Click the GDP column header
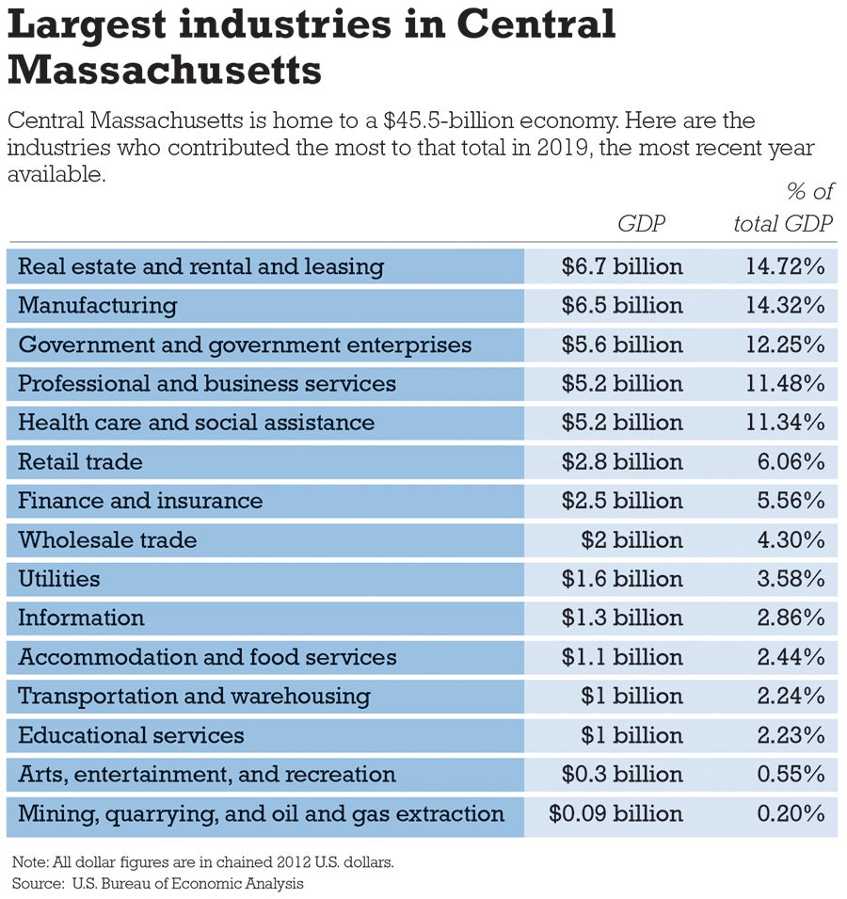click(x=642, y=224)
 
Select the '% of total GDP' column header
click(x=783, y=208)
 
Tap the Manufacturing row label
click(x=98, y=306)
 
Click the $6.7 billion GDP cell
click(x=622, y=266)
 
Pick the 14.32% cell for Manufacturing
click(x=785, y=306)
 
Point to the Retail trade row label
click(x=81, y=462)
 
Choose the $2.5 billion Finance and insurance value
click(x=622, y=501)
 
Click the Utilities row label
click(x=59, y=579)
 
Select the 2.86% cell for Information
click(x=791, y=618)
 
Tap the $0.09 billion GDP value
click(x=616, y=813)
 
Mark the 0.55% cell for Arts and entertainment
click(x=791, y=775)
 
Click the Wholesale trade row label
click(x=107, y=540)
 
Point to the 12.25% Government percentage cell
click(x=785, y=345)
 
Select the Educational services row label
click(x=131, y=735)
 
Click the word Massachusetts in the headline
click(x=165, y=69)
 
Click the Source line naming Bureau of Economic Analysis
click(x=158, y=883)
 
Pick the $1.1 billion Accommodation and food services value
click(x=622, y=657)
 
